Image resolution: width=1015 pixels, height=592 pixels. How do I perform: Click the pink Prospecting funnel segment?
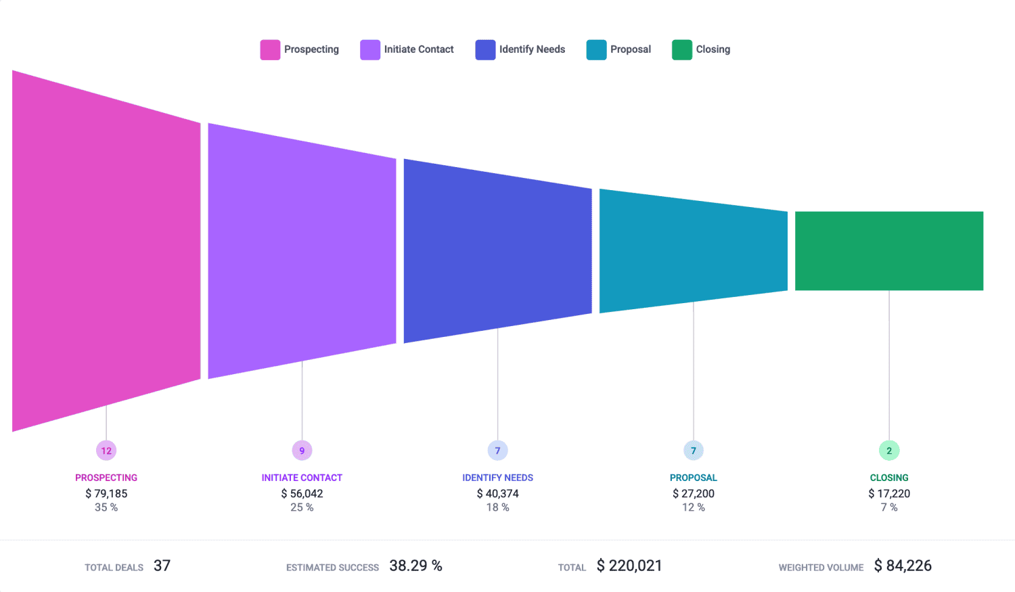106,250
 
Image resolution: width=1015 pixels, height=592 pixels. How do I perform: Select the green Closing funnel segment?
888,251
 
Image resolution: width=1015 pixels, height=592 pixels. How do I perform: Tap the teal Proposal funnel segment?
693,251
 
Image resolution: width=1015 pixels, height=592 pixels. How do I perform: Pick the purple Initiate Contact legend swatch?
370,49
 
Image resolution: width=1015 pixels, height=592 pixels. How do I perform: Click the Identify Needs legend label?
532,49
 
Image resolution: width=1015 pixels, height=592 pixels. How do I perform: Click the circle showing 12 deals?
106,451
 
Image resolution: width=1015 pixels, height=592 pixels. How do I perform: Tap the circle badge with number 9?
302,451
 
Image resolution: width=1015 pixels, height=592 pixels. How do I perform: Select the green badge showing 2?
889,451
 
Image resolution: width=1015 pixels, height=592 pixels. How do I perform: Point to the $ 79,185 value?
106,494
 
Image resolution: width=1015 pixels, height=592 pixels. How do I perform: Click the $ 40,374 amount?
497,494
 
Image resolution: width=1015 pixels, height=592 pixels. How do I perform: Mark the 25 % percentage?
302,507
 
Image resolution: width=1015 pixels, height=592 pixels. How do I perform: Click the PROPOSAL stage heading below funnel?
693,478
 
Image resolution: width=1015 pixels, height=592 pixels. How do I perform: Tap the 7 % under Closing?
889,507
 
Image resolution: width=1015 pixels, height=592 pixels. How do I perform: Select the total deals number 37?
162,566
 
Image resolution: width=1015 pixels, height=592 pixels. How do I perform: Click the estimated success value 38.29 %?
415,566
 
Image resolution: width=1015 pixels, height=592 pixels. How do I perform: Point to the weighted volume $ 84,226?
903,566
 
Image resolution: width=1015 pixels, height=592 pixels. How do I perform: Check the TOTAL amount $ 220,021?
629,566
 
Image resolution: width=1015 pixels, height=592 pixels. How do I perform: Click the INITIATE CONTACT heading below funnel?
302,478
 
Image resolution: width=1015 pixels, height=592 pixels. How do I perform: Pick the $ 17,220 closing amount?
889,494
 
